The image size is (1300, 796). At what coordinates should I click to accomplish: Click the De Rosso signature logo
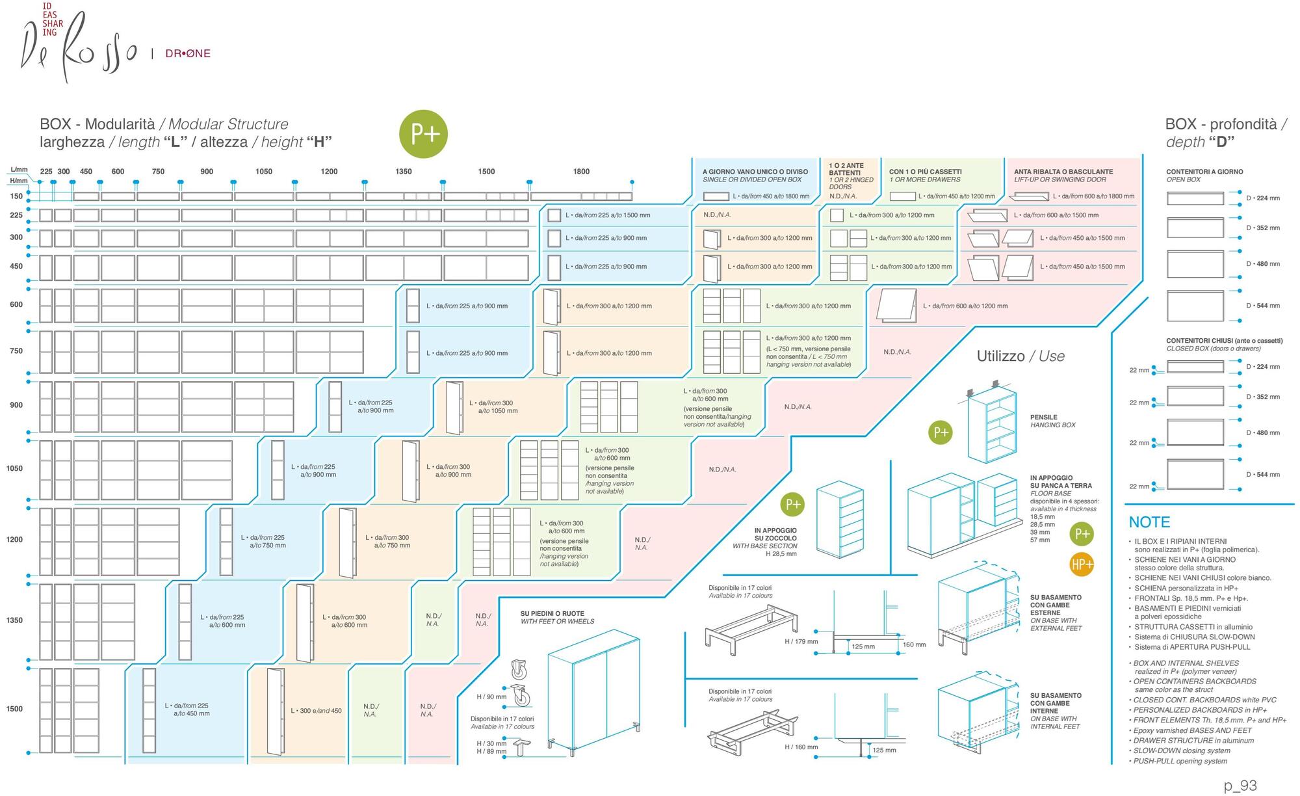[x=78, y=49]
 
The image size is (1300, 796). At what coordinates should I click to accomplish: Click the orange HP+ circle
[x=1082, y=564]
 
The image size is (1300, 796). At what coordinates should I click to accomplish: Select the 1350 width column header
[x=404, y=172]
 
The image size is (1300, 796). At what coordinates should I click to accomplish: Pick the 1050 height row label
[x=14, y=468]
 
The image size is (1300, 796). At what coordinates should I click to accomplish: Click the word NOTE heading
[x=1149, y=522]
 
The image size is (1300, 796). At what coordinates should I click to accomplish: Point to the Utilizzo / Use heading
[x=1020, y=356]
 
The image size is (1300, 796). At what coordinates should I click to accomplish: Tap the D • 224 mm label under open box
[x=1262, y=198]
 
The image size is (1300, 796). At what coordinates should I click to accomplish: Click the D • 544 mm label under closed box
[x=1262, y=475]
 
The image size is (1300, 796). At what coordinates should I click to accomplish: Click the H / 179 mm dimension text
[x=801, y=642]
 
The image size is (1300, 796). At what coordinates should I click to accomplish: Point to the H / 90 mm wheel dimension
[x=491, y=696]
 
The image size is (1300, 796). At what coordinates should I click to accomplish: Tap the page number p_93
[x=1240, y=786]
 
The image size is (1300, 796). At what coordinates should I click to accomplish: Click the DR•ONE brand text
[x=188, y=54]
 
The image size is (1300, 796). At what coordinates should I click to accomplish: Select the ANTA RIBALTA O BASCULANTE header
[x=1063, y=172]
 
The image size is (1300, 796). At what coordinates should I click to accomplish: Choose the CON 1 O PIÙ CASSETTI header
[x=925, y=172]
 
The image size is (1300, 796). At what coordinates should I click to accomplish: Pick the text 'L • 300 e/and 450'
[x=316, y=711]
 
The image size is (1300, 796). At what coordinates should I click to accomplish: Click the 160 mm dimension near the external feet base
[x=914, y=644]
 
